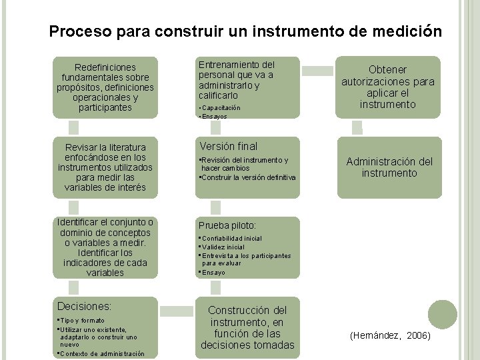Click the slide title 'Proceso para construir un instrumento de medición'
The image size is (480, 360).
(x=245, y=31)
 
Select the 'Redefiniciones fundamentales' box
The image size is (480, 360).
(x=105, y=87)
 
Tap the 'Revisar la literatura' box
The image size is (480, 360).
(x=105, y=167)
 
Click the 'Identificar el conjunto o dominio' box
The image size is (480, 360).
(x=105, y=247)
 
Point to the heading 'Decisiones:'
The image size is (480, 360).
(x=85, y=306)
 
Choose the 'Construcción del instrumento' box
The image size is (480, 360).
(x=247, y=327)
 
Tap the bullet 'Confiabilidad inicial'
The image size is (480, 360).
(x=232, y=239)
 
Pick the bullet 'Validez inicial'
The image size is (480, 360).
(x=223, y=247)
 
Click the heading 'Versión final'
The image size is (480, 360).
(x=228, y=146)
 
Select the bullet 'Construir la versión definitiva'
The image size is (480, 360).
(x=249, y=177)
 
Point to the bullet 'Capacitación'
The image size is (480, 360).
(x=221, y=107)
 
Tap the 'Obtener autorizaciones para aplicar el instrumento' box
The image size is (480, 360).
(x=389, y=87)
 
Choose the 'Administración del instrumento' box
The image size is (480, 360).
(x=389, y=167)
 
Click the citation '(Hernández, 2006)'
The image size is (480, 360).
(x=391, y=336)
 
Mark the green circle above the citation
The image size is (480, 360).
(x=443, y=313)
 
